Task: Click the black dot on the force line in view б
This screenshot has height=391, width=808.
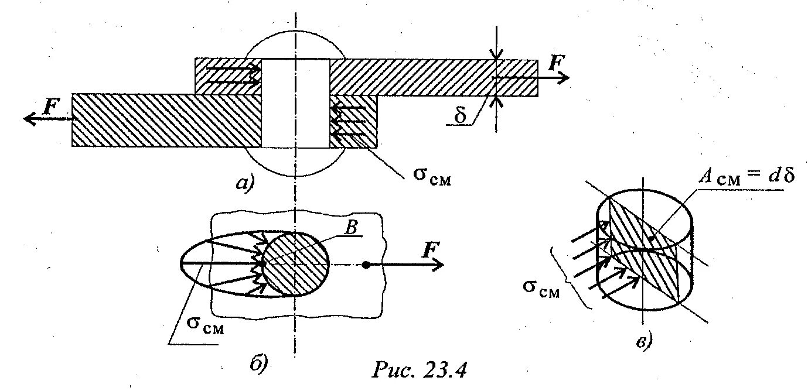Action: tap(365, 265)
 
